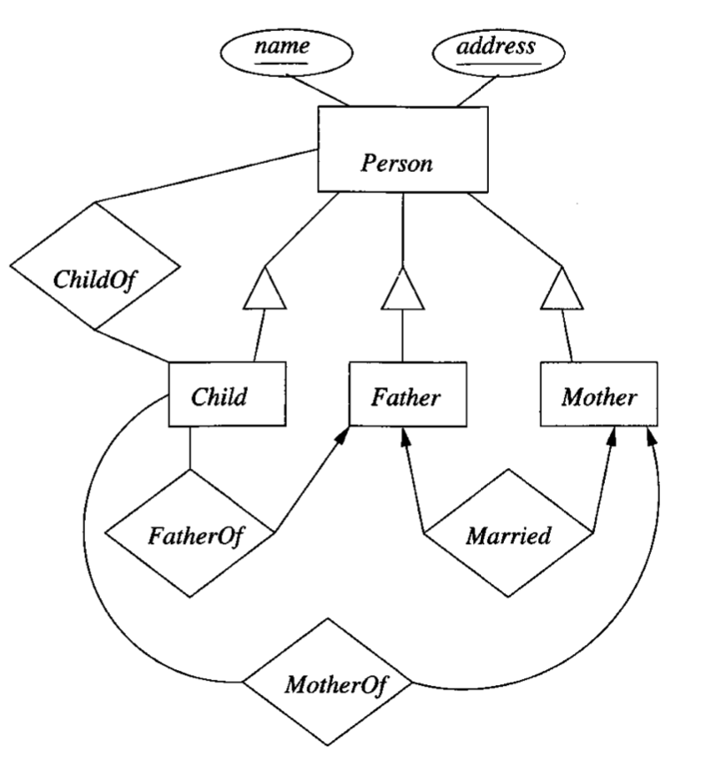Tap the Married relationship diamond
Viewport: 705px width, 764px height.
[x=508, y=534]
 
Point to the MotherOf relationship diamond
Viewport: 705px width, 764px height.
[x=329, y=682]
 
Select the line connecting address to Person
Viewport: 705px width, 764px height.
[x=478, y=91]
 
